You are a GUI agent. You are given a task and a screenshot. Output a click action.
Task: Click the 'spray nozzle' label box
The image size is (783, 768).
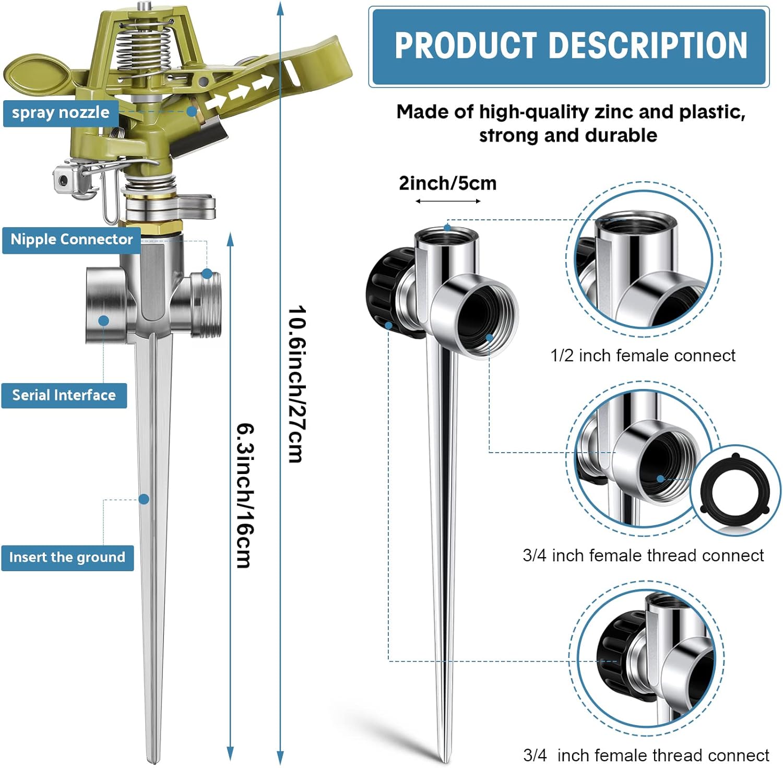click(x=60, y=113)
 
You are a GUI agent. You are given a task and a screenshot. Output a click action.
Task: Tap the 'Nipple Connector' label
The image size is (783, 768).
click(x=72, y=240)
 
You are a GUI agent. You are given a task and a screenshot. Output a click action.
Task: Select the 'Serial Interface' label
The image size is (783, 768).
click(x=64, y=395)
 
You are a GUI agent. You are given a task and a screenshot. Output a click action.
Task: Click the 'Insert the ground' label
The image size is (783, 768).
click(x=67, y=558)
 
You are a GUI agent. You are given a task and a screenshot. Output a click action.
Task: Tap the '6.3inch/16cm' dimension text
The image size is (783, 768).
click(x=245, y=495)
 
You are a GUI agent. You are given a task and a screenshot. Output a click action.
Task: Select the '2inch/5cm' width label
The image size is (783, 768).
click(x=447, y=184)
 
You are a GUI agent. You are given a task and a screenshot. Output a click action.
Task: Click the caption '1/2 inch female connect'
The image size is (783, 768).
click(x=643, y=356)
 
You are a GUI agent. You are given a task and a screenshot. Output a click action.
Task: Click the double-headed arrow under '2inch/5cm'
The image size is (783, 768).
click(x=448, y=202)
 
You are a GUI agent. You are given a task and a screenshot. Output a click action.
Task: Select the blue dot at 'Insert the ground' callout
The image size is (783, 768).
click(x=144, y=500)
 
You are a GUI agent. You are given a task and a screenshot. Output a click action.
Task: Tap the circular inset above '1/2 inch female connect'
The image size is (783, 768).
click(x=643, y=260)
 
